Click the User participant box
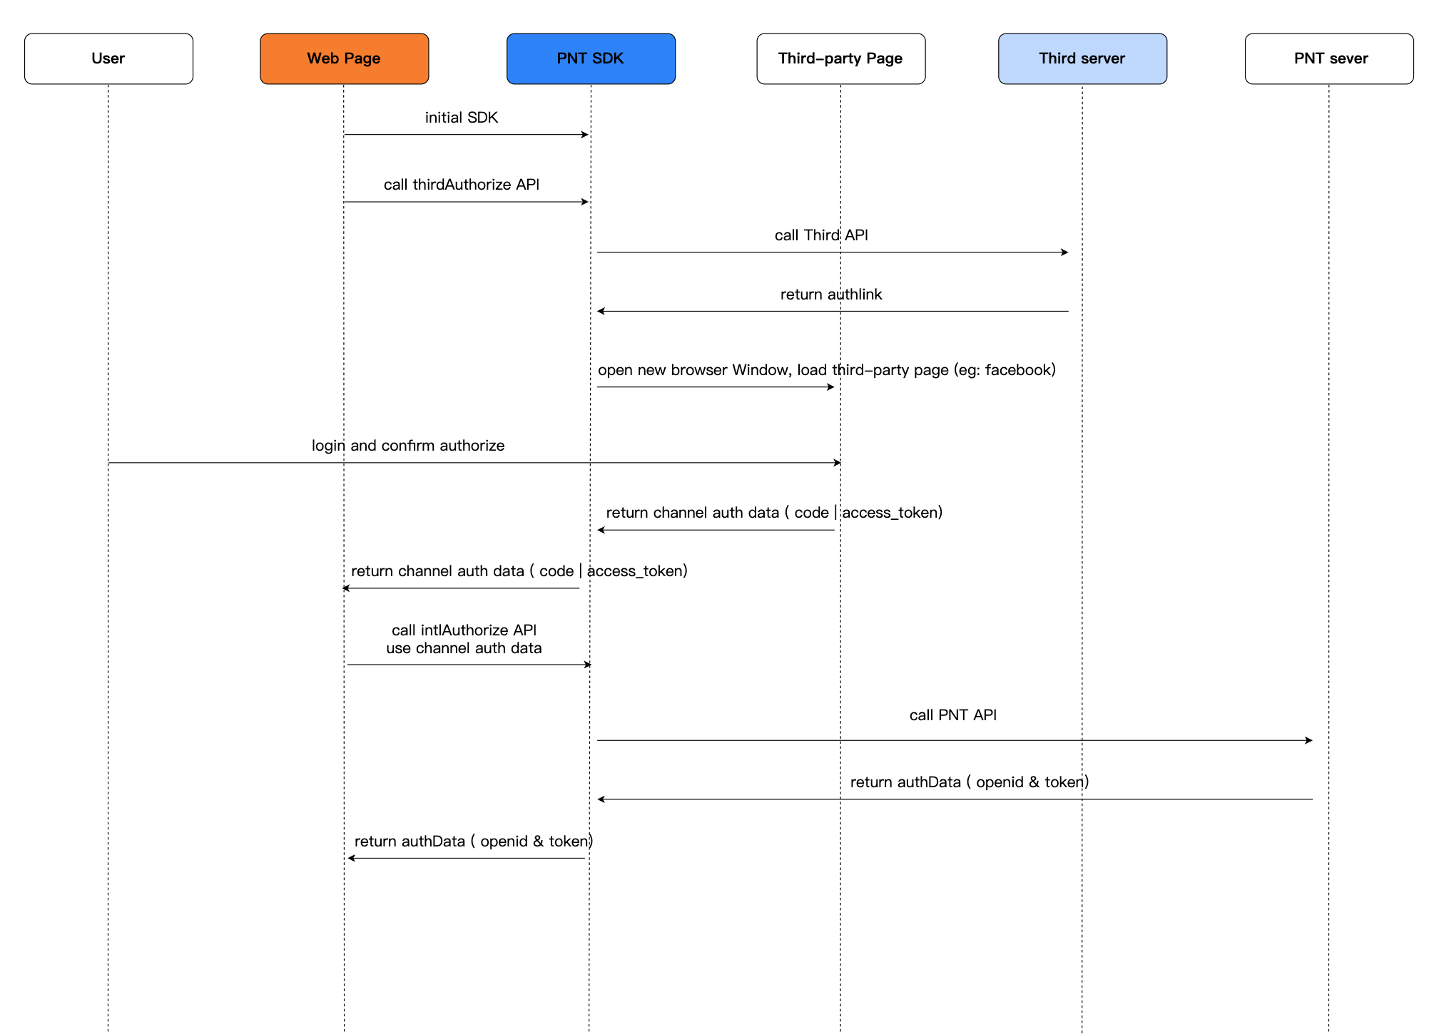coord(108,58)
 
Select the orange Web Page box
coord(344,58)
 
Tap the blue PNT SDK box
coord(591,58)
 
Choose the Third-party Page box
coord(840,58)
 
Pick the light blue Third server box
coord(1082,58)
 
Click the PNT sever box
coord(1329,58)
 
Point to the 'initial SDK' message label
coord(462,118)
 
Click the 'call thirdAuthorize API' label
coord(462,185)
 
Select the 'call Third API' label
coord(821,235)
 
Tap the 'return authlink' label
coord(831,295)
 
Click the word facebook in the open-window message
coord(1018,370)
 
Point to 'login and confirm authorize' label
coord(408,446)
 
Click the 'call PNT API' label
coord(953,715)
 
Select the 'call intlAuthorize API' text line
coord(464,630)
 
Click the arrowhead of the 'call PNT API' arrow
coord(1309,740)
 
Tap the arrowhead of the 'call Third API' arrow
coord(1065,252)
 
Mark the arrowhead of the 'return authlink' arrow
coord(601,311)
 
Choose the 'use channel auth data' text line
coord(464,648)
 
